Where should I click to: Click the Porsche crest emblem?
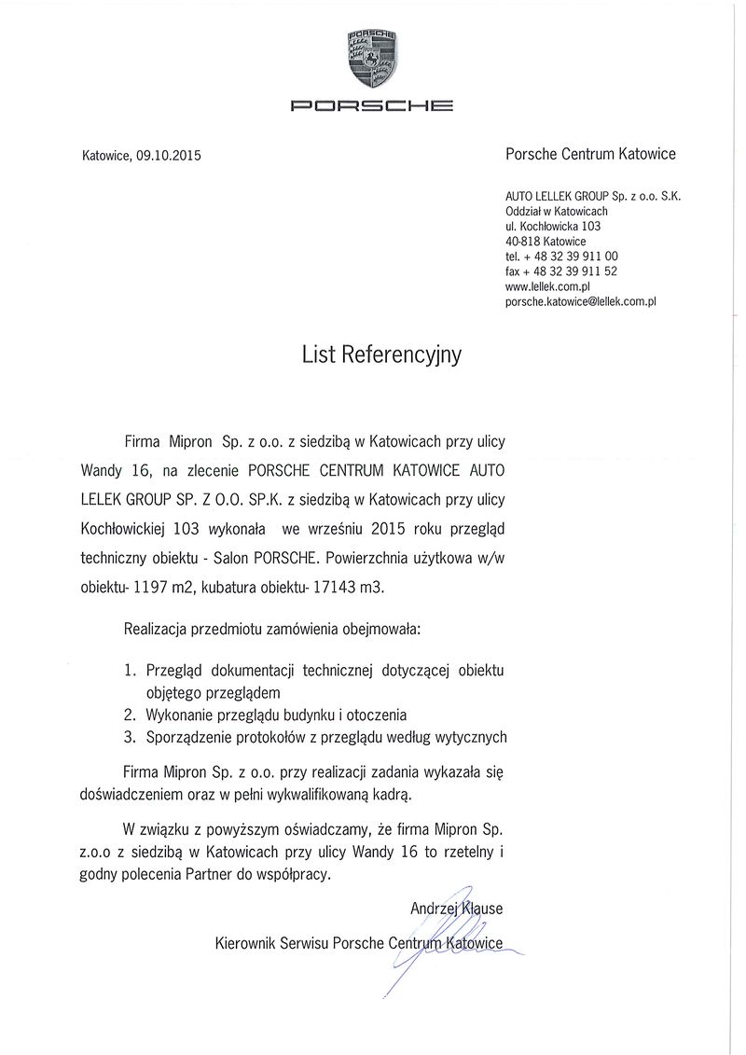372,58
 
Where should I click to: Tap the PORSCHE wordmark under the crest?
372,104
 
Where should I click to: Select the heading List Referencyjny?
381,354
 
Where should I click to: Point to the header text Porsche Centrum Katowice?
590,154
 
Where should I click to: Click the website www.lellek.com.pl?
548,286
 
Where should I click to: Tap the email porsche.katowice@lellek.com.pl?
581,301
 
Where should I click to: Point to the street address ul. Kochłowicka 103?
553,227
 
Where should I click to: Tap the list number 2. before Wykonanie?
131,715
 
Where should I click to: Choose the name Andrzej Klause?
456,908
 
